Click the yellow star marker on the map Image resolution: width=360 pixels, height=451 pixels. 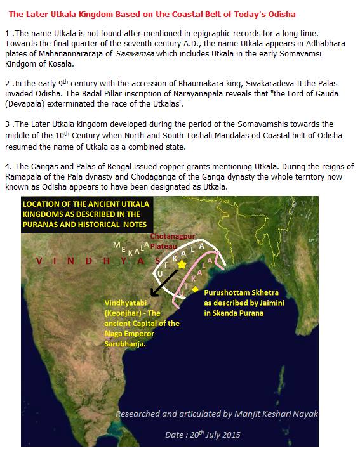click(182, 263)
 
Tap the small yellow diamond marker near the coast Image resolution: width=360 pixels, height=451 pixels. click(195, 289)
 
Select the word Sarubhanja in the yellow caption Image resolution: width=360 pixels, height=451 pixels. click(126, 344)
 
